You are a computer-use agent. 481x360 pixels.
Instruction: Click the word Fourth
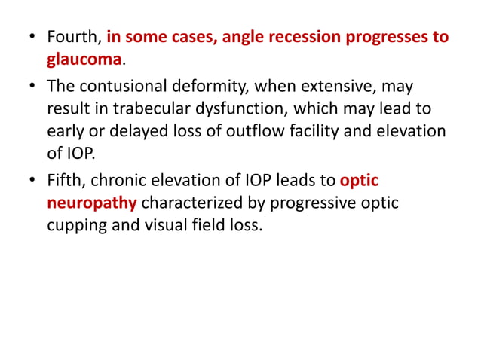click(73, 37)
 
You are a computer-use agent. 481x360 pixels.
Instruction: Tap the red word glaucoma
click(84, 58)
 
